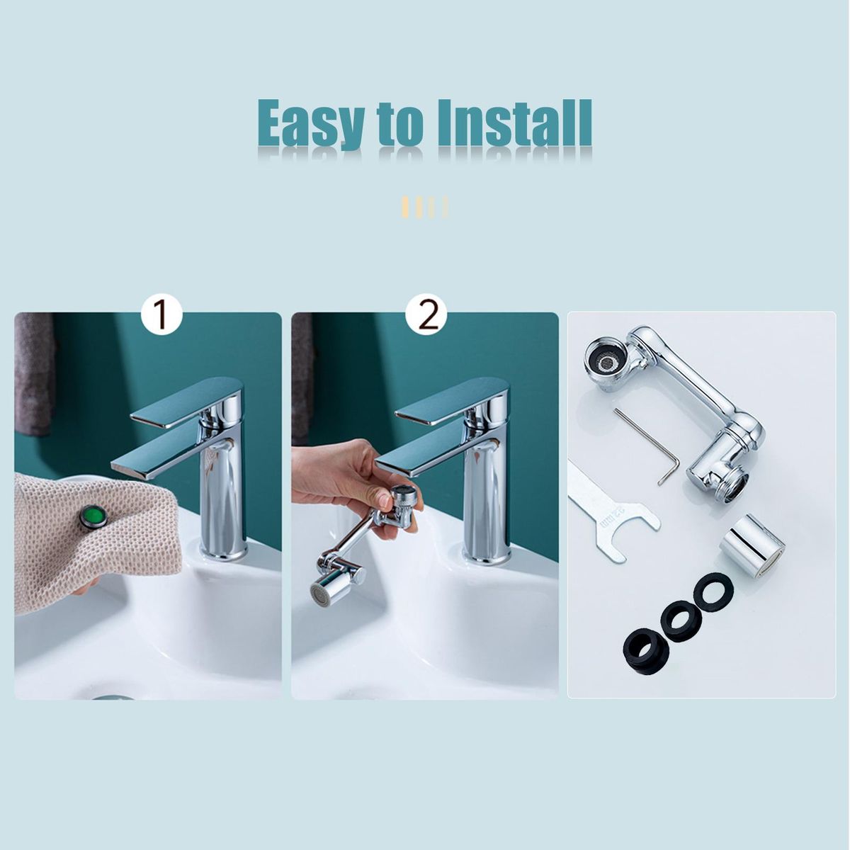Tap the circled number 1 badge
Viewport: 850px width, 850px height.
(162, 315)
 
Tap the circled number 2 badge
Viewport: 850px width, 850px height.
(426, 315)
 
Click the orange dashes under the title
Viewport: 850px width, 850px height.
(424, 206)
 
